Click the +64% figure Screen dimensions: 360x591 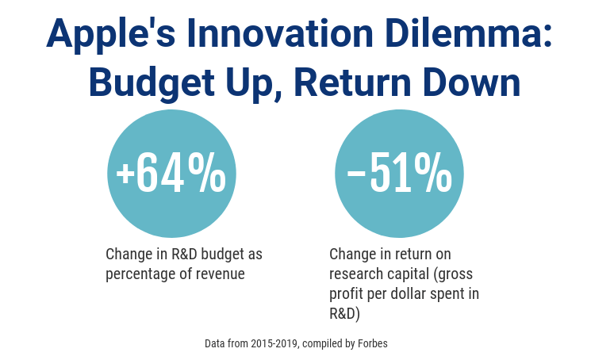click(171, 174)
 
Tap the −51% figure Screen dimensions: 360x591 click(400, 174)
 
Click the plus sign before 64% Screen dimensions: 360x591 click(125, 174)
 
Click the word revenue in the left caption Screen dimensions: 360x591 click(221, 274)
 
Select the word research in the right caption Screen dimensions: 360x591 click(355, 274)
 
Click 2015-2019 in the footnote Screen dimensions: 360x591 click(274, 343)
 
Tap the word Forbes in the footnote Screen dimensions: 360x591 click(373, 343)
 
